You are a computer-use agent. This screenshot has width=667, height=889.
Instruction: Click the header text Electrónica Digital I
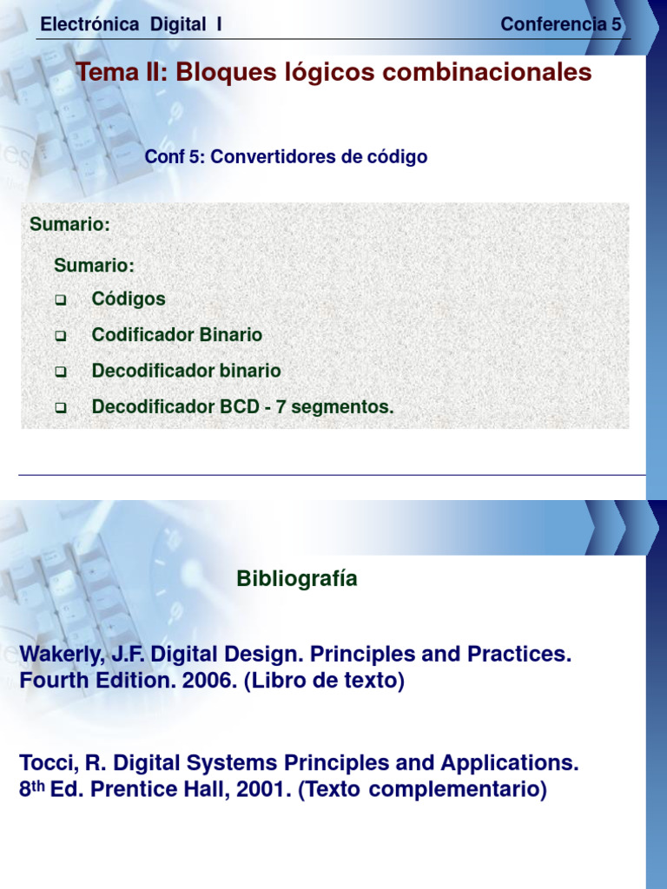point(131,24)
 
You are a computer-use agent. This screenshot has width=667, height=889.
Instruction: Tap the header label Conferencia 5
point(561,24)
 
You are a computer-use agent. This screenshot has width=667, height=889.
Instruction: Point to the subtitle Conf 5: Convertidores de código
point(286,157)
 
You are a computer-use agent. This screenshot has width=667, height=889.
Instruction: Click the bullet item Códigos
point(129,299)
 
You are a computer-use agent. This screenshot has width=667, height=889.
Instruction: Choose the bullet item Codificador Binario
point(177,335)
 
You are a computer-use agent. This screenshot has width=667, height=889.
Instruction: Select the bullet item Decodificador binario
point(186,371)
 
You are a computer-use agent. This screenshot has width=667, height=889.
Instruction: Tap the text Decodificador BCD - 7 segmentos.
point(242,406)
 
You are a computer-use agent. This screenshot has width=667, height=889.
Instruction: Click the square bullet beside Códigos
point(61,300)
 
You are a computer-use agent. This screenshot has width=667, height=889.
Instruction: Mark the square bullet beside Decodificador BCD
point(61,407)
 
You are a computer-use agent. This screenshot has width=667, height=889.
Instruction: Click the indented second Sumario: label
point(94,265)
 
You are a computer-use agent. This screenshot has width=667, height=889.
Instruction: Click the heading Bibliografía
point(297,579)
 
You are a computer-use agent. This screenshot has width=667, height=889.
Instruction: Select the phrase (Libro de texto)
point(324,682)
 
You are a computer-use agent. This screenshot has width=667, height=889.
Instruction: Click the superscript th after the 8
point(39,786)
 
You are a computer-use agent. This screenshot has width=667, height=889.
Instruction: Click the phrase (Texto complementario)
point(423,790)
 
